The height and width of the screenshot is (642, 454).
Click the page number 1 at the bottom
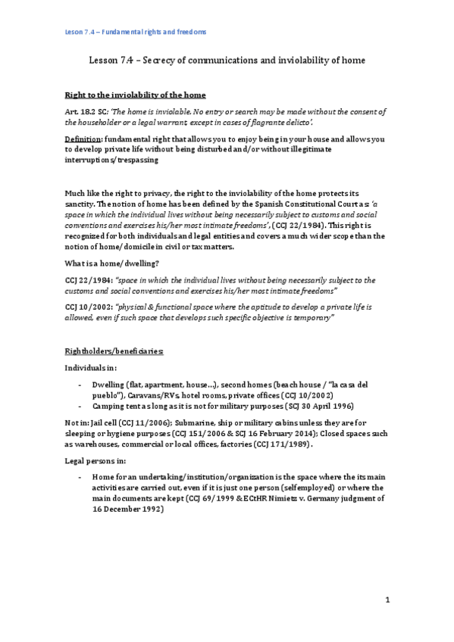click(387, 600)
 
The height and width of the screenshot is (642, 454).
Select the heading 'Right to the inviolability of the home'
click(136, 94)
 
